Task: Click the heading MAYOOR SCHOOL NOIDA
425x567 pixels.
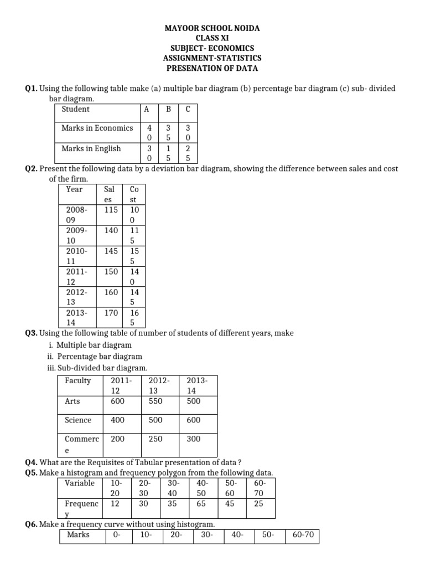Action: coord(212,28)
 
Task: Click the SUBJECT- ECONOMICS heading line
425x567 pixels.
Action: coord(212,48)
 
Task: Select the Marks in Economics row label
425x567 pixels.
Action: coord(97,128)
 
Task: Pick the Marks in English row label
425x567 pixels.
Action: coord(91,148)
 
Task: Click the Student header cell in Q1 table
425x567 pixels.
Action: coord(75,109)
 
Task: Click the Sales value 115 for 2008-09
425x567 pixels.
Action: coord(111,210)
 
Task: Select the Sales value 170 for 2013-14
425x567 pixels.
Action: coord(111,312)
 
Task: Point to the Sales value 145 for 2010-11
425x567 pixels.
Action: coord(111,251)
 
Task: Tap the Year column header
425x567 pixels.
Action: coord(74,189)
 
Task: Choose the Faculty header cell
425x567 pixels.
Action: coord(77,380)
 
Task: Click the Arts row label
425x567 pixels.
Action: coord(72,401)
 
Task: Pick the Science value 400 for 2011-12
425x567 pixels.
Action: coord(117,420)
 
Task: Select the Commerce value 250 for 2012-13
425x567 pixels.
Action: coord(156,439)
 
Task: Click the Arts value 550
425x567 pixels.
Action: coord(156,401)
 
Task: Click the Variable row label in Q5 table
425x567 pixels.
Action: coord(80,483)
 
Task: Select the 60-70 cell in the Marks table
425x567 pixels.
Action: coord(302,534)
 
